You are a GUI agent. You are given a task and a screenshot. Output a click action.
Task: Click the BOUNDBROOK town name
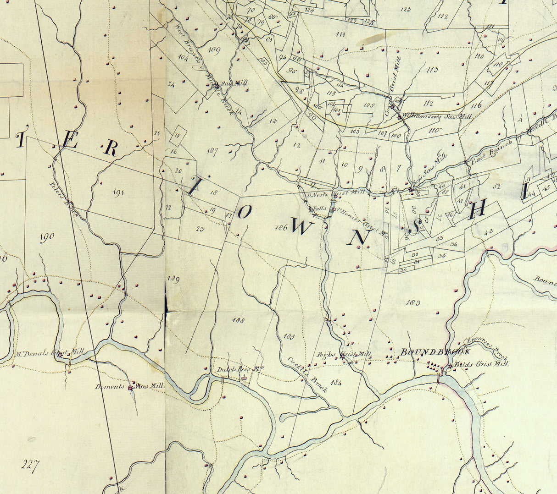pyautogui.click(x=435, y=352)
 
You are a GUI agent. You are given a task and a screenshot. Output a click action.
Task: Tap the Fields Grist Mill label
pyautogui.click(x=481, y=364)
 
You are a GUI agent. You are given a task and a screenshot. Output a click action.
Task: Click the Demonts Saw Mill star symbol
pyautogui.click(x=131, y=388)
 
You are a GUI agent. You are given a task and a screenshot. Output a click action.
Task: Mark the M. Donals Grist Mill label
pyautogui.click(x=50, y=353)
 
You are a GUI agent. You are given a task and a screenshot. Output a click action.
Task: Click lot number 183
pyautogui.click(x=413, y=302)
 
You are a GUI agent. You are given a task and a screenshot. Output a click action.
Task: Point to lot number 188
pyautogui.click(x=238, y=320)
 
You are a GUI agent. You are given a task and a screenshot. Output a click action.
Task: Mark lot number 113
pyautogui.click(x=432, y=70)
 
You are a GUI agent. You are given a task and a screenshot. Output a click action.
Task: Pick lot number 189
pyautogui.click(x=173, y=279)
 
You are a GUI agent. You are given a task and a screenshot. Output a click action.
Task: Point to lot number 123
pyautogui.click(x=405, y=9)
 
